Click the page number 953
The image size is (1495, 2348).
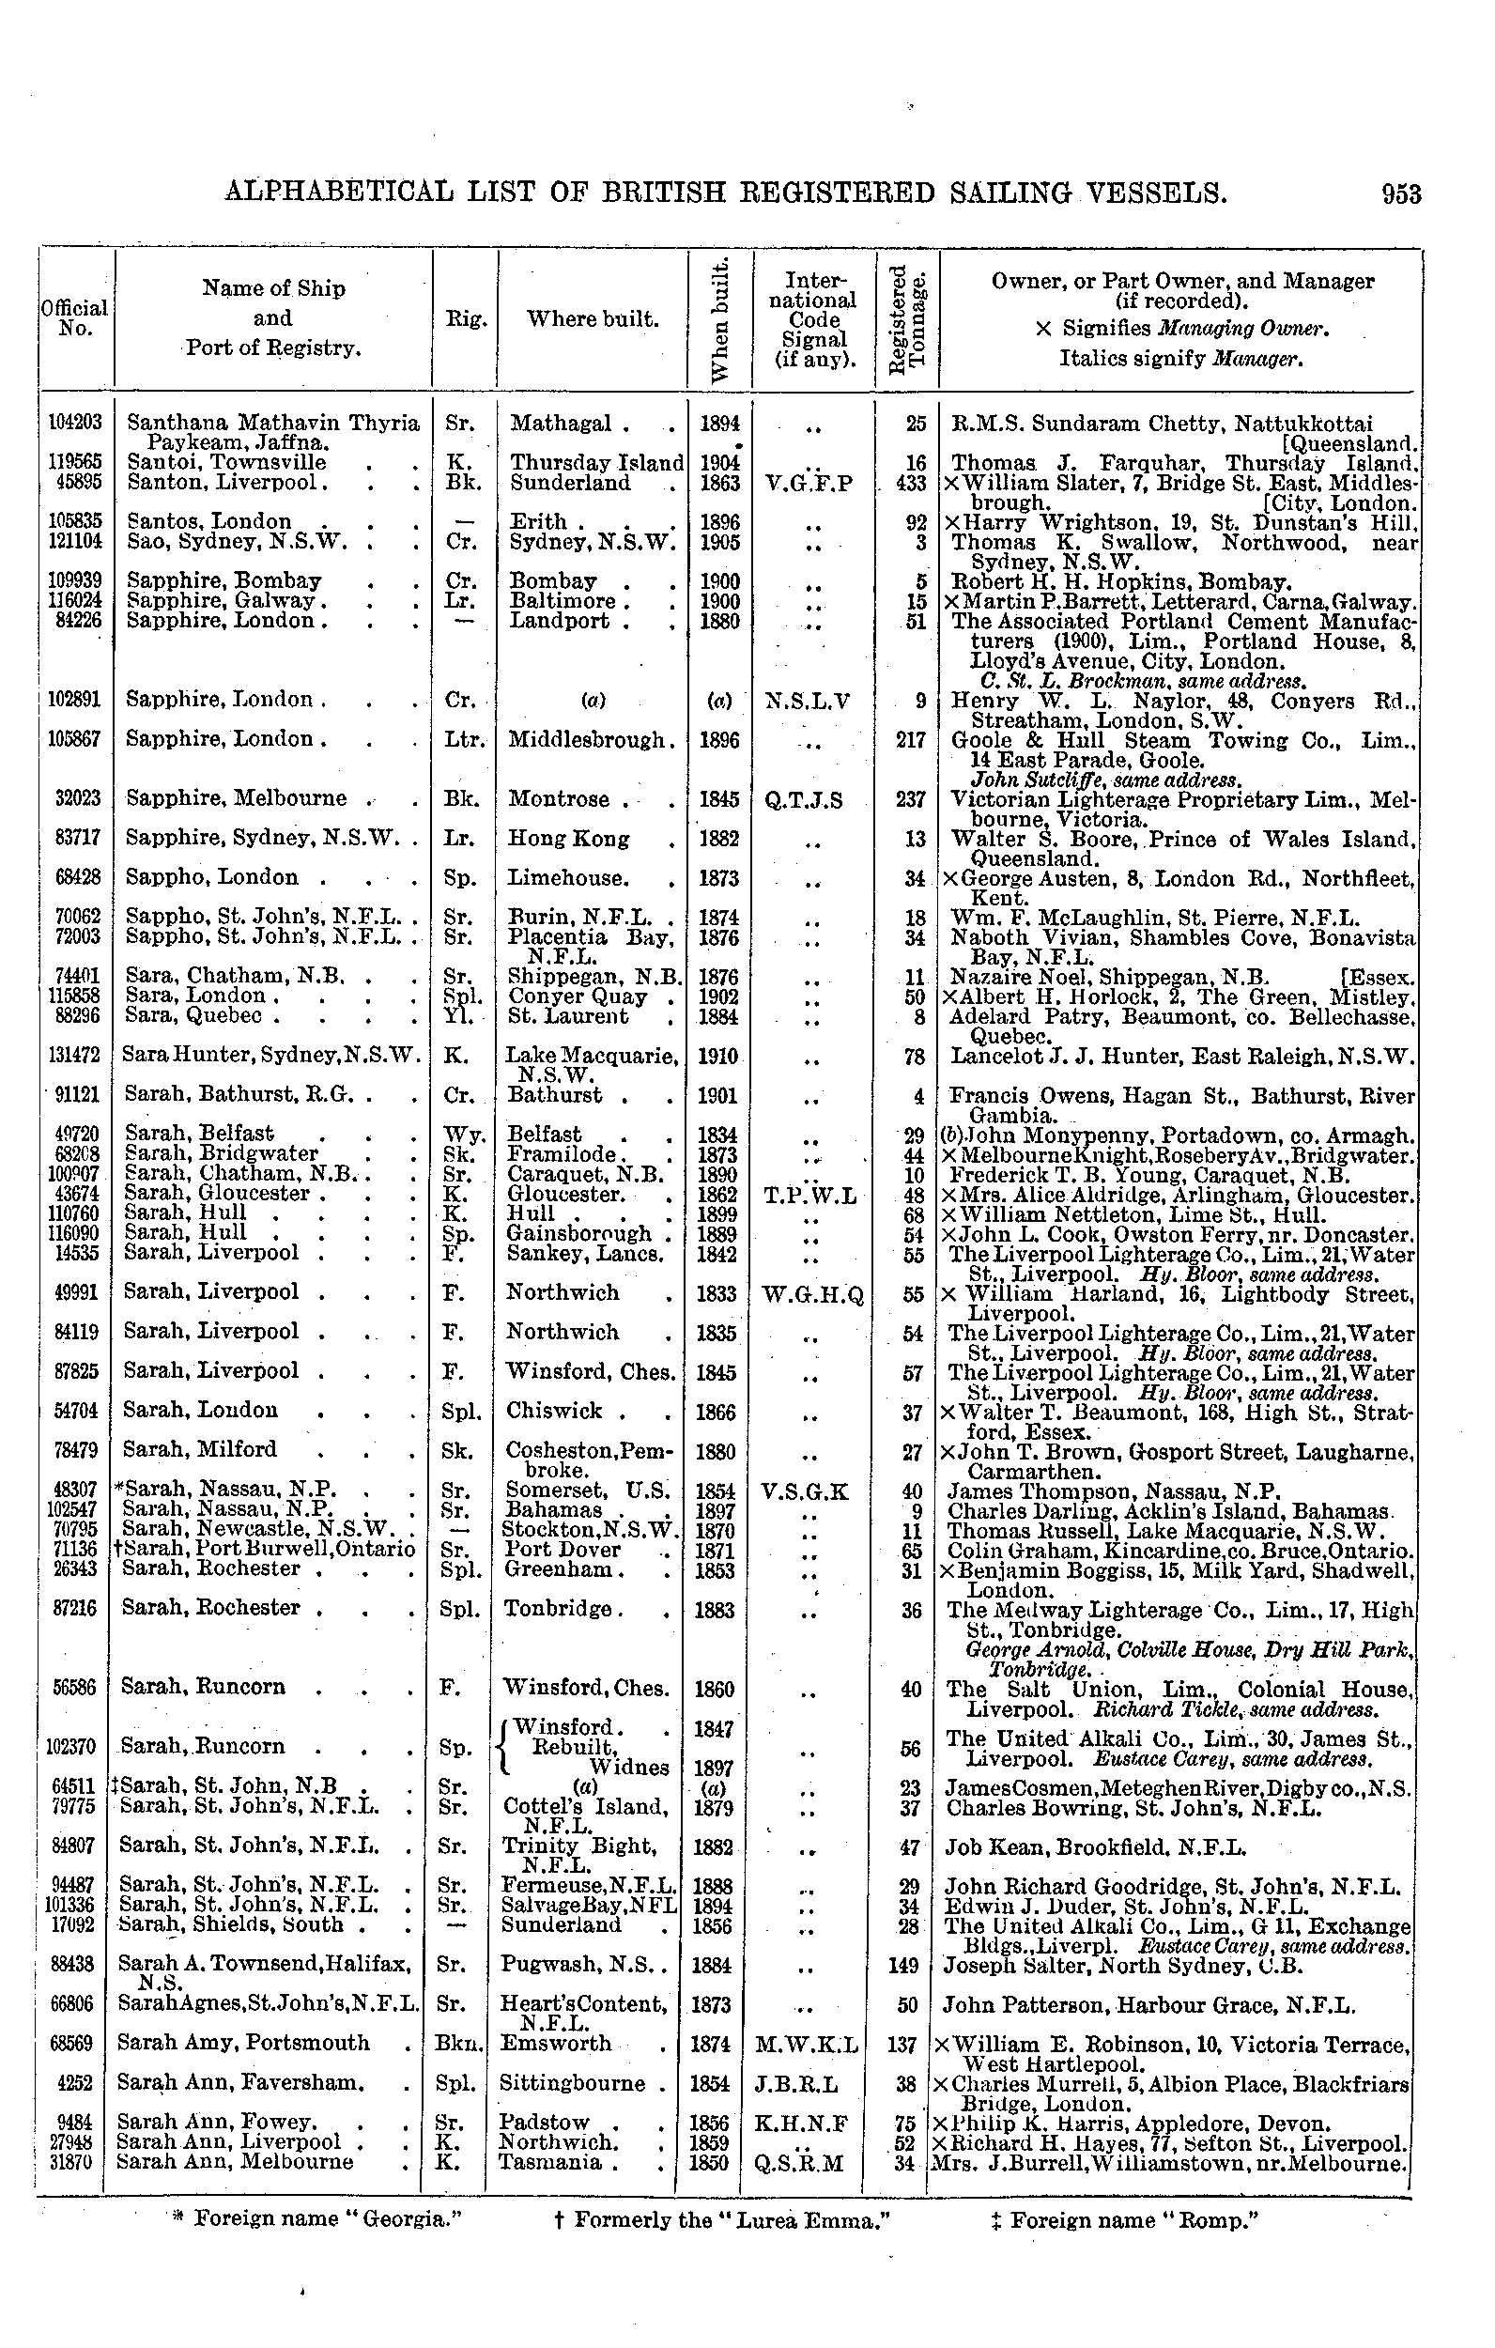1400,194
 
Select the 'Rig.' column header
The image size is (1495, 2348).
465,318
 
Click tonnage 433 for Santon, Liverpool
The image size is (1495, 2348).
910,484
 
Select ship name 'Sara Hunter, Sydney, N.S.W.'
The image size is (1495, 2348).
271,1055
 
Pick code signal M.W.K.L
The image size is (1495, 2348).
807,2044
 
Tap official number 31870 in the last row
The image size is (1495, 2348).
73,2162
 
